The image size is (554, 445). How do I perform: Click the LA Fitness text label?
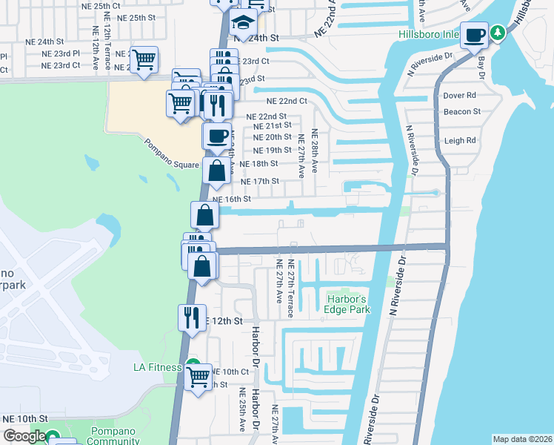tap(157, 367)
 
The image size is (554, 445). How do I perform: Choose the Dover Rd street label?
tap(459, 96)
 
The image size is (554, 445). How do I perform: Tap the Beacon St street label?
tap(462, 112)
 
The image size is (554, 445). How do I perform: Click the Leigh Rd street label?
tap(460, 140)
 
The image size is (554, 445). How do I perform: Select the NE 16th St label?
tap(232, 199)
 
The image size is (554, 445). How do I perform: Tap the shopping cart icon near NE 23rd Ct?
tap(144, 58)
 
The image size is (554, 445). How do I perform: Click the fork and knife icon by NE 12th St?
tap(192, 317)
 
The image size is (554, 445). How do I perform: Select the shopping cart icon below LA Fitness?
tap(198, 377)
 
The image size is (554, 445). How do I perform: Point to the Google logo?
tap(24, 436)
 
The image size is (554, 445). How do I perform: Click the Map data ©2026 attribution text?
tap(522, 439)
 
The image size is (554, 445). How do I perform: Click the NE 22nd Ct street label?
tap(287, 101)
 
